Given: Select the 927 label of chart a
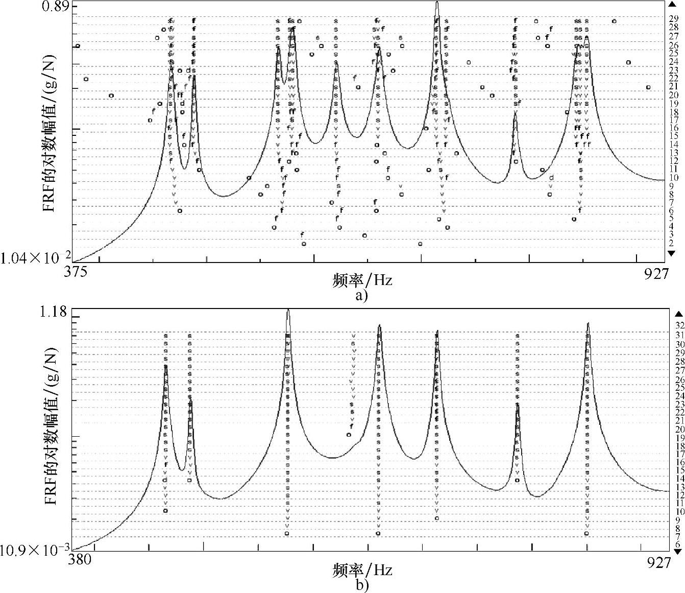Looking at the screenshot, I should click(656, 273).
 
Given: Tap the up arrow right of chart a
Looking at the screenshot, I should click(671, 5).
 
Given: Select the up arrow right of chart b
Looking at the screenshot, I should click(677, 314).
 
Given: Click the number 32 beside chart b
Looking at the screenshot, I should click(680, 325).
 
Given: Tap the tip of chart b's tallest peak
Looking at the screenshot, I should click(288, 310).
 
